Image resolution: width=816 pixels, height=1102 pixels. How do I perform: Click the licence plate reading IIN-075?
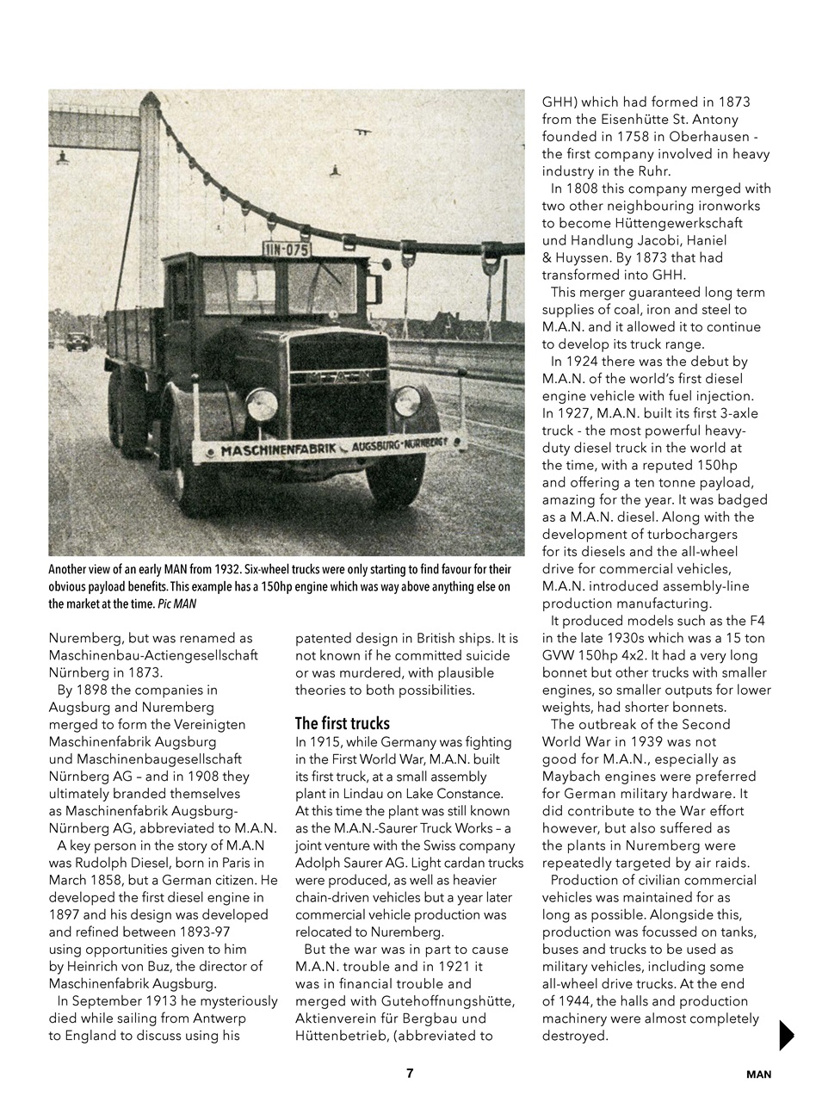click(287, 250)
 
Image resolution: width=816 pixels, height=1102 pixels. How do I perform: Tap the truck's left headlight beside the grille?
click(262, 404)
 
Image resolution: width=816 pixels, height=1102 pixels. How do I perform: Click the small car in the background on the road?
click(77, 341)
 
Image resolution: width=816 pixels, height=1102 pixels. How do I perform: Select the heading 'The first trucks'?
click(342, 723)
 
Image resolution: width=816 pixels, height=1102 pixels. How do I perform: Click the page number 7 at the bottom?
click(410, 1073)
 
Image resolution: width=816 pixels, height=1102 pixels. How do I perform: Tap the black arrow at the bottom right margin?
click(786, 1034)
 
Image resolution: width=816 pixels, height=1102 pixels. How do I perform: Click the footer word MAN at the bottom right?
click(758, 1074)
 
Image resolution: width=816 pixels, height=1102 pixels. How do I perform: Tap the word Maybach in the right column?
click(578, 776)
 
